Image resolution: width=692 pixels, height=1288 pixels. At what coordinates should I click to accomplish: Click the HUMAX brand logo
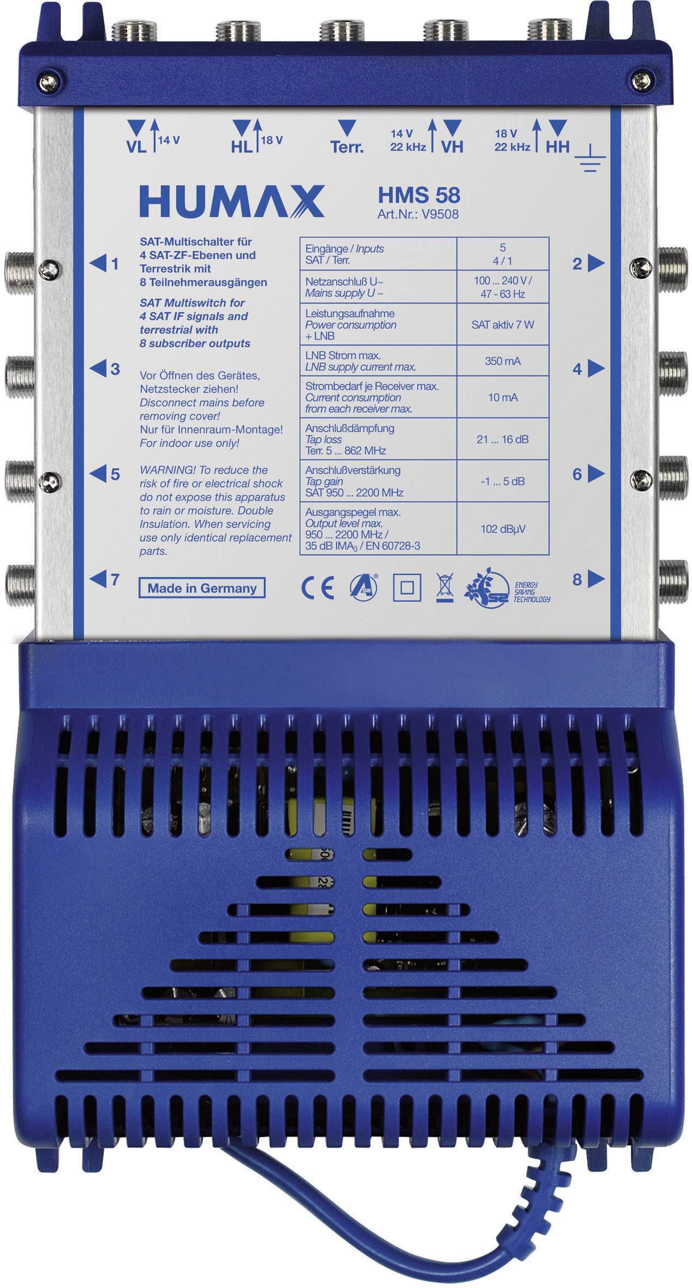(232, 201)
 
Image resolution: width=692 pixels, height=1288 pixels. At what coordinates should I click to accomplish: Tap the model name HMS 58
(419, 195)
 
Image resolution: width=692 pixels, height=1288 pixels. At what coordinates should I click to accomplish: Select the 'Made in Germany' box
(202, 588)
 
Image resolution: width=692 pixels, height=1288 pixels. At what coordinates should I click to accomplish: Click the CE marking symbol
(318, 588)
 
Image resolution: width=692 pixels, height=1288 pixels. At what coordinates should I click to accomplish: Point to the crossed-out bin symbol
(444, 588)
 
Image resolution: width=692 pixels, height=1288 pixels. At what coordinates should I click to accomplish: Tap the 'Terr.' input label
(347, 147)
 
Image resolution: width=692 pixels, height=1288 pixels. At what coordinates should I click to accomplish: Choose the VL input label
(136, 147)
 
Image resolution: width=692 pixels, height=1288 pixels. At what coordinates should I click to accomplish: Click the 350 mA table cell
(503, 361)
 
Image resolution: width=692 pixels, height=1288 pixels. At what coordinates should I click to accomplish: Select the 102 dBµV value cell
(503, 529)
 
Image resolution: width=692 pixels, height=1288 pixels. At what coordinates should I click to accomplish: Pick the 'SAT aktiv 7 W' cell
(503, 325)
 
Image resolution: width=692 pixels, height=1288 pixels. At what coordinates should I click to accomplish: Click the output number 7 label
(115, 580)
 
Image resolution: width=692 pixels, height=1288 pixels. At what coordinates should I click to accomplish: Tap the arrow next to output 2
(596, 263)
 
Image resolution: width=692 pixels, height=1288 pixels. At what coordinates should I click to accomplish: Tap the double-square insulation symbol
(407, 588)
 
